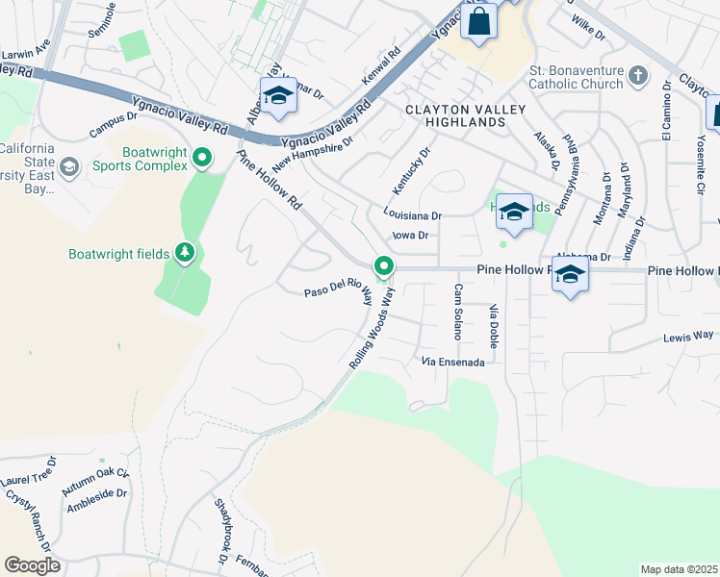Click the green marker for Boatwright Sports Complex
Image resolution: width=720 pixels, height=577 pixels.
click(x=202, y=156)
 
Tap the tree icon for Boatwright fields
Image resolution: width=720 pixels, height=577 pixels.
click(x=185, y=254)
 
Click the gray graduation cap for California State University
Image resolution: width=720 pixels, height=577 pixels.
click(x=68, y=167)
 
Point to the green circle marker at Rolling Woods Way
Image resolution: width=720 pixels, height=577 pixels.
click(x=384, y=265)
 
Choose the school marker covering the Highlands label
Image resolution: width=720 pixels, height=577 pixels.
click(x=514, y=212)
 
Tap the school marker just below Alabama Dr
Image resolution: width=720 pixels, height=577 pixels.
click(x=570, y=275)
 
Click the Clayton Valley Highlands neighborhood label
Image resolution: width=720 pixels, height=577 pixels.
click(x=455, y=116)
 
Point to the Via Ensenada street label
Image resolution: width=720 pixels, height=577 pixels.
click(x=459, y=363)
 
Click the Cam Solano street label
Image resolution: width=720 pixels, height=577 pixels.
click(x=458, y=312)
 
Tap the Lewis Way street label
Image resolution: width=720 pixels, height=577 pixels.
click(x=688, y=337)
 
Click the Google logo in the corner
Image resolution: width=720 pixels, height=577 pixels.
click(x=32, y=565)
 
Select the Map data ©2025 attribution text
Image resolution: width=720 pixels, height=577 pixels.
click(x=679, y=569)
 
